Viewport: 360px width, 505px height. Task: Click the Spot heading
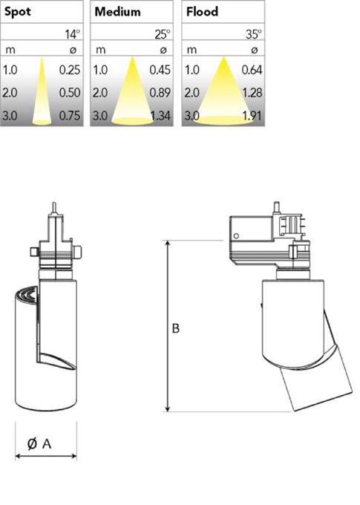pos(17,12)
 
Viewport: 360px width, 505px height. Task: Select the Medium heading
pos(117,12)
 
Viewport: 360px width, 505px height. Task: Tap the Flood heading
pos(202,12)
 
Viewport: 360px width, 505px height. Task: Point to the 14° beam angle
pos(73,34)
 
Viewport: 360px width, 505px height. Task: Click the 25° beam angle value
pos(163,34)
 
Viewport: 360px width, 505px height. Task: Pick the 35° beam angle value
pos(254,34)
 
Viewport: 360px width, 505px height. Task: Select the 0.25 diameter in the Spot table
pos(70,70)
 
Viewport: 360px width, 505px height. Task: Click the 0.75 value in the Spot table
pos(70,115)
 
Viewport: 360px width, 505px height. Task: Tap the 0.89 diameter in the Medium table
pos(160,92)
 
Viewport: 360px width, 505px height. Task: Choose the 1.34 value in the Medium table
pos(160,115)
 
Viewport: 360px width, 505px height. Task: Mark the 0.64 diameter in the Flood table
pos(252,70)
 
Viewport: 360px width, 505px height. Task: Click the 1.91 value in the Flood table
pos(253,115)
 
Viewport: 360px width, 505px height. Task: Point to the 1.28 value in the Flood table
pos(253,92)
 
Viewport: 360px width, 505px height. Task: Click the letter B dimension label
pos(176,328)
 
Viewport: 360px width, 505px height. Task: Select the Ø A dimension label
pos(39,444)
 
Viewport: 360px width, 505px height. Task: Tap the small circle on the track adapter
pos(236,235)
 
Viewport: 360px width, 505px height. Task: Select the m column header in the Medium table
pos(100,50)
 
